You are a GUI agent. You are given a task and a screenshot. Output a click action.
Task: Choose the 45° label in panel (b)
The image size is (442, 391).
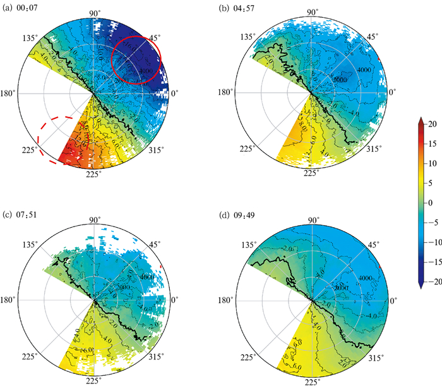pyautogui.click(x=373, y=37)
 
